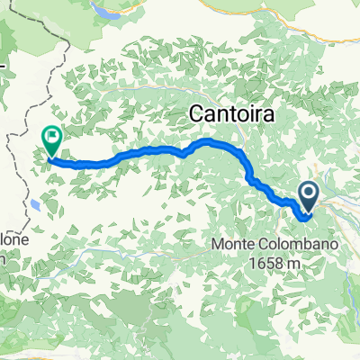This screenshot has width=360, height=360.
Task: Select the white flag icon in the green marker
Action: [x=52, y=139]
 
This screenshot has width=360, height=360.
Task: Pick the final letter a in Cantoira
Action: [x=263, y=115]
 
